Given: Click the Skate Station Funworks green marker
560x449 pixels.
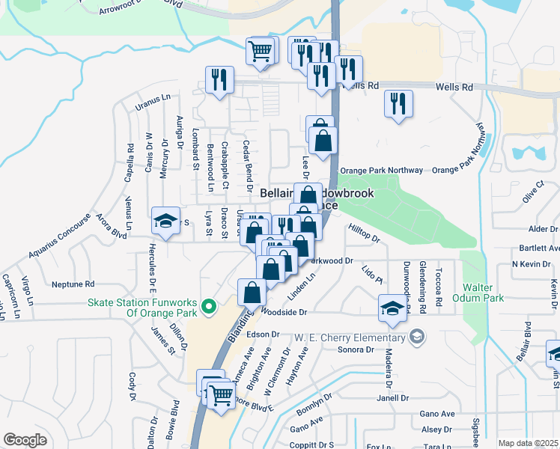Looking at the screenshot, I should (210, 307).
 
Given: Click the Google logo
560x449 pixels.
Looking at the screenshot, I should (25, 439).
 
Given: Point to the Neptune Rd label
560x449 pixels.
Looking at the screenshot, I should (73, 284).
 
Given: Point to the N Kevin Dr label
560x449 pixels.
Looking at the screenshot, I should (530, 264).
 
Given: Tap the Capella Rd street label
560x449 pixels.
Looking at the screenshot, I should (130, 159).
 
